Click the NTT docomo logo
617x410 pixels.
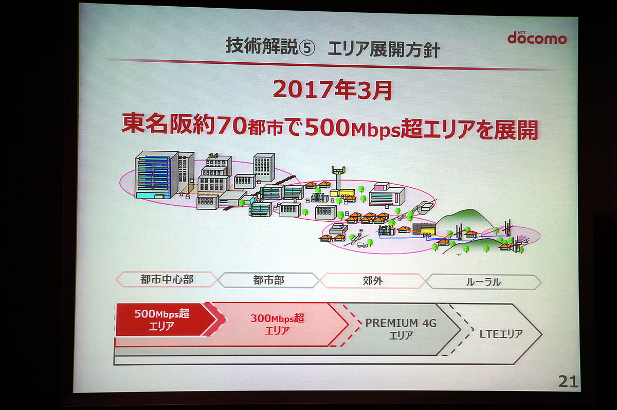point(537,38)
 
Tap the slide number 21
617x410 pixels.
point(568,382)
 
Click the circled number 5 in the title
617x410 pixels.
point(307,48)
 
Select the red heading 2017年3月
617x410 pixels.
point(333,90)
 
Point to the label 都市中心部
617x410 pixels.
point(167,279)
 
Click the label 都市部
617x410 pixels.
point(268,280)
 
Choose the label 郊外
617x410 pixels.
point(373,281)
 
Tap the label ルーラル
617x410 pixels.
point(483,282)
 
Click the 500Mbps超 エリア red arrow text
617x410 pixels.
point(161,319)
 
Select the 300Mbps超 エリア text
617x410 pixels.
point(277,324)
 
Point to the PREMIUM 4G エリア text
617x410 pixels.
point(401,329)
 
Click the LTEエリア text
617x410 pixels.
point(501,334)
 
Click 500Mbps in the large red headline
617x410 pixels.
point(352,128)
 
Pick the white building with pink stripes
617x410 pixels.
point(387,194)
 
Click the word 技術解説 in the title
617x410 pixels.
point(262,46)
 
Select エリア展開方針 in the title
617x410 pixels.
point(384,49)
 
